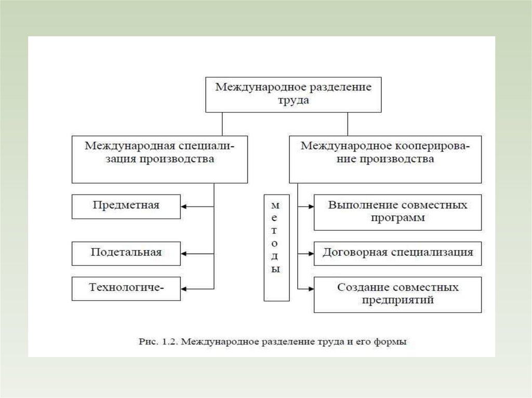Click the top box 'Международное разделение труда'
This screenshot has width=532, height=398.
click(293, 94)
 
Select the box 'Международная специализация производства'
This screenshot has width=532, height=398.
click(159, 159)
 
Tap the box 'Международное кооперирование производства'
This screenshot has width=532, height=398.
click(385, 159)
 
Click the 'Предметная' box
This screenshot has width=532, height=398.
click(126, 207)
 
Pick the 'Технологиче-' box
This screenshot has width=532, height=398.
click(126, 288)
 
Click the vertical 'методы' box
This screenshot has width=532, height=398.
click(276, 248)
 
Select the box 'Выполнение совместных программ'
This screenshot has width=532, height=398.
click(397, 212)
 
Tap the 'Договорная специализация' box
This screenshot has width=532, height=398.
click(397, 254)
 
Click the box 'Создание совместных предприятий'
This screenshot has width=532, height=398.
click(397, 294)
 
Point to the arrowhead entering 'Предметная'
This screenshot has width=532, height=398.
click(184, 207)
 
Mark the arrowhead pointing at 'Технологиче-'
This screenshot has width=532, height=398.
click(184, 289)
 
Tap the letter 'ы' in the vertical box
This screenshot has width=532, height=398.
click(276, 269)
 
